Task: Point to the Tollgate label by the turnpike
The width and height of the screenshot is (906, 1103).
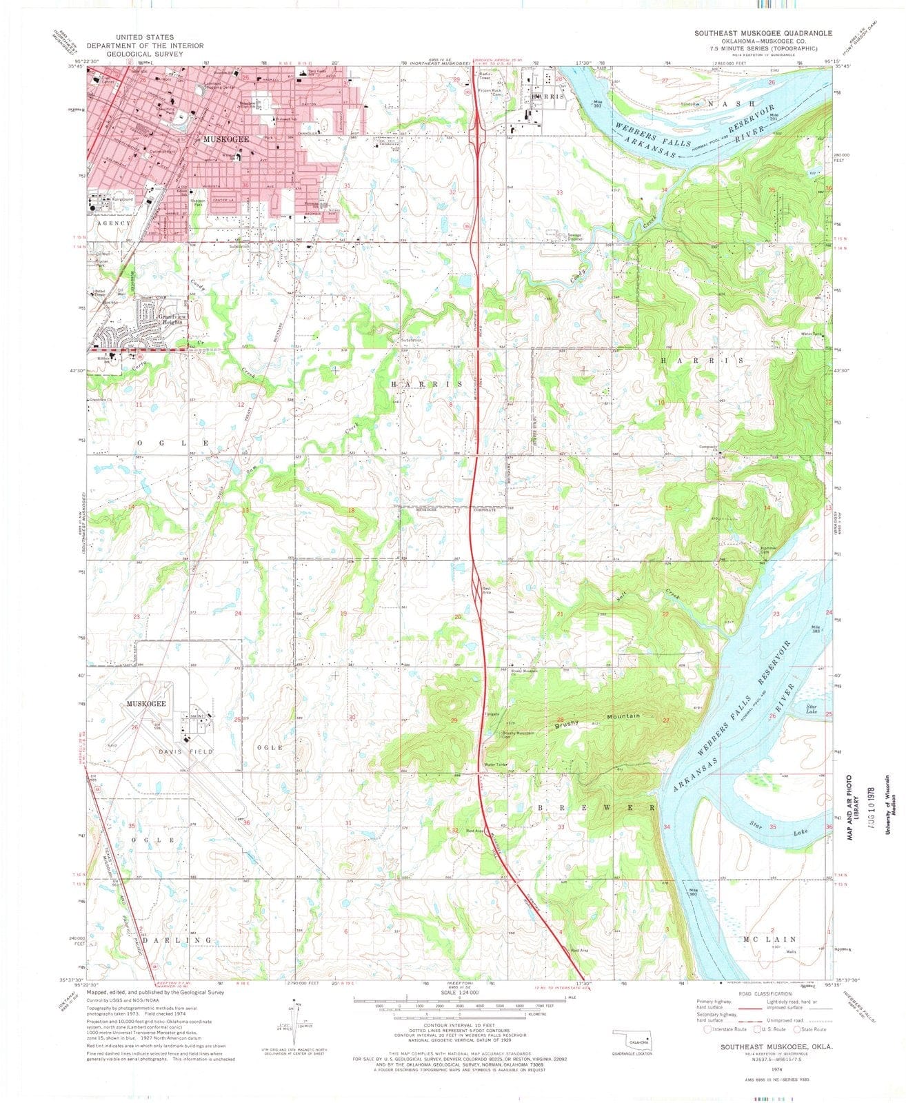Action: tap(492, 714)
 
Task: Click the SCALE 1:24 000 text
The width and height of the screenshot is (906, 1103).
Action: tap(455, 997)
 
